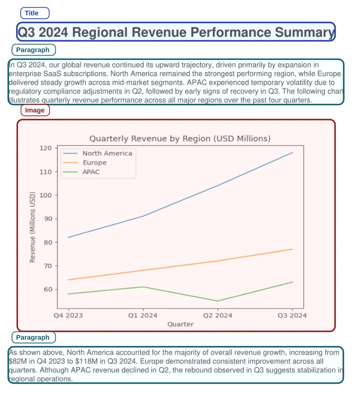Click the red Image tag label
coord(35,110)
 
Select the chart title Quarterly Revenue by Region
coord(180,139)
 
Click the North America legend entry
coord(107,153)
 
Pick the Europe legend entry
coord(95,163)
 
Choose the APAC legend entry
coord(91,172)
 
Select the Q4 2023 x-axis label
coord(68,316)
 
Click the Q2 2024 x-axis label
coord(217,316)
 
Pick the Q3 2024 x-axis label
coord(292,316)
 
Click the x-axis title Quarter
coord(180,324)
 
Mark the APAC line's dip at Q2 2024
coord(217,301)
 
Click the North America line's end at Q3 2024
coord(292,152)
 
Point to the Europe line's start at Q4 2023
coord(68,280)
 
